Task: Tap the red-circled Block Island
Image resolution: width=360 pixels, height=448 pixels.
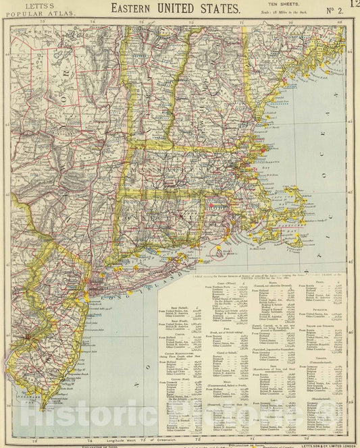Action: (x=221, y=254)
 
